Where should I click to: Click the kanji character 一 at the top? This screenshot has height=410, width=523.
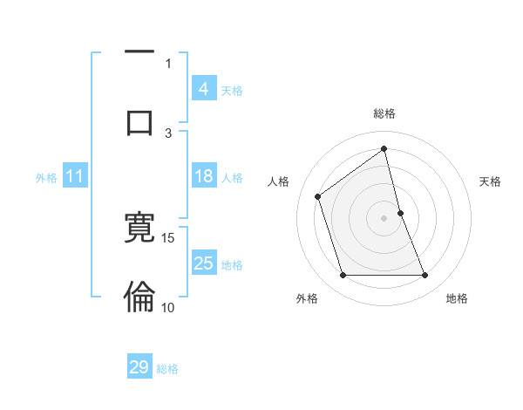point(139,52)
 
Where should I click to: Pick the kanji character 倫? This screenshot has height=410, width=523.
point(139,297)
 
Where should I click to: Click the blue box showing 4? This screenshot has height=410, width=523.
point(203,89)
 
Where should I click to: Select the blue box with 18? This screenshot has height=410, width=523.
point(203,176)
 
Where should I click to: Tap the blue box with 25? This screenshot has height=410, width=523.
point(203,263)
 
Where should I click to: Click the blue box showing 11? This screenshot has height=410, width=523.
point(75,176)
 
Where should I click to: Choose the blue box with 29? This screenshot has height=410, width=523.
point(139,367)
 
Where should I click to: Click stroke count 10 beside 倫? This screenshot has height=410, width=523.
point(168,307)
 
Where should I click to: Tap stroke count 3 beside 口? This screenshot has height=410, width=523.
point(168,133)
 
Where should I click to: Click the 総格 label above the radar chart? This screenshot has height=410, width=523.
point(384,113)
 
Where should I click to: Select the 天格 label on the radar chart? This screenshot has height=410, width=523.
point(491,181)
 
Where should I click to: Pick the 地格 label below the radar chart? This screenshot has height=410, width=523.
point(457,298)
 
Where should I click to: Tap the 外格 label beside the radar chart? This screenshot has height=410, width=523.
point(307,298)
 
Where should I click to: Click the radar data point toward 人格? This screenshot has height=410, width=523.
point(318,196)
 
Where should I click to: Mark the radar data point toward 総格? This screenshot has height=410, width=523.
point(384,149)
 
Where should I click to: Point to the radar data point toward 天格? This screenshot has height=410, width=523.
point(400,213)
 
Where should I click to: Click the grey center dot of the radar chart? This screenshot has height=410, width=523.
point(384,218)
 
